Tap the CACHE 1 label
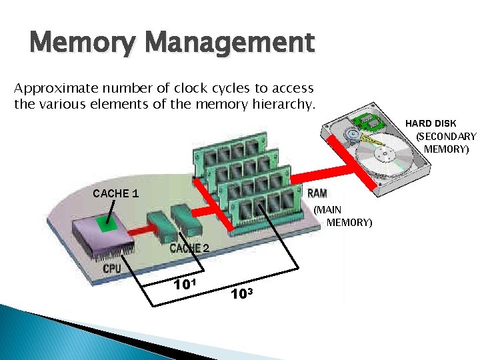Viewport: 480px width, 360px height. [116, 193]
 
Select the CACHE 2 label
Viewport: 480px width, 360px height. [190, 248]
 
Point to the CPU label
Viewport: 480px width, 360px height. [113, 269]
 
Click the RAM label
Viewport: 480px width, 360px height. [317, 193]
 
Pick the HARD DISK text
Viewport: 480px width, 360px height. [431, 123]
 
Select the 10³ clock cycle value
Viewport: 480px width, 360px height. [242, 293]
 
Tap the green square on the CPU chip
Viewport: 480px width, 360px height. [103, 225]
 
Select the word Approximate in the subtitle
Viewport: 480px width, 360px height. [52, 89]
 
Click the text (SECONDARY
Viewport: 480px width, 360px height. [446, 136]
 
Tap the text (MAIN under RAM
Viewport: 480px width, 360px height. [327, 209]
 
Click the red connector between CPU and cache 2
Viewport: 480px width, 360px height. [137, 230]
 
